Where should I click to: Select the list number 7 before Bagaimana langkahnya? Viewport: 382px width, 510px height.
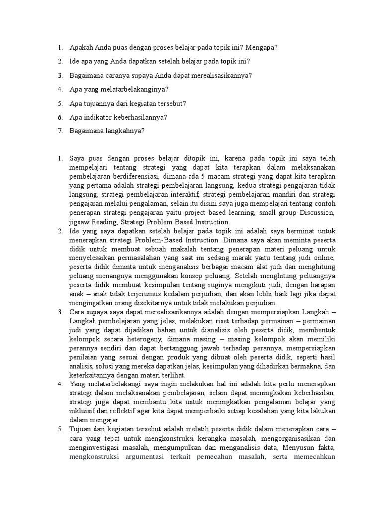click(59, 131)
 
